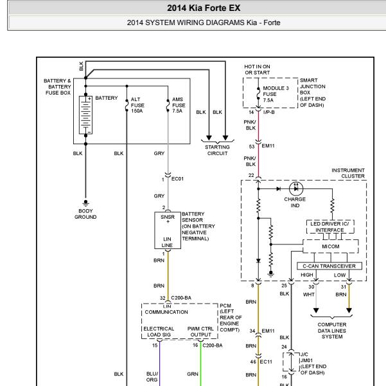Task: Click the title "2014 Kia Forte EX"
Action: (204, 8)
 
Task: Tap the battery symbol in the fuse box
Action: (85, 115)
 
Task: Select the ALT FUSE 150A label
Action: (137, 105)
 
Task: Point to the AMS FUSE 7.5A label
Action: (179, 105)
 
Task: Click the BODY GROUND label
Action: (85, 214)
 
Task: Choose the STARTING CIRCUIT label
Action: (217, 150)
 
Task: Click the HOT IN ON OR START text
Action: (258, 69)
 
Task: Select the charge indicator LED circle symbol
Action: (296, 188)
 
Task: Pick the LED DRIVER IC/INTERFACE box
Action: (330, 226)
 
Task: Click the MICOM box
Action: (330, 246)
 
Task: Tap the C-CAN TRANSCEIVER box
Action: (329, 266)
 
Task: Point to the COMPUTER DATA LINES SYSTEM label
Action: (332, 331)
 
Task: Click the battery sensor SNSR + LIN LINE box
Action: (168, 230)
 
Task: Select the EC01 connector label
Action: (177, 179)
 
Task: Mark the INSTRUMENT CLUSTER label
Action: (348, 173)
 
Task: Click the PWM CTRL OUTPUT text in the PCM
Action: (200, 331)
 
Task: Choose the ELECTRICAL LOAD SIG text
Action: (159, 331)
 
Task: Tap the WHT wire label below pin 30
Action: (309, 295)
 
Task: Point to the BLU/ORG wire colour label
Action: (152, 376)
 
